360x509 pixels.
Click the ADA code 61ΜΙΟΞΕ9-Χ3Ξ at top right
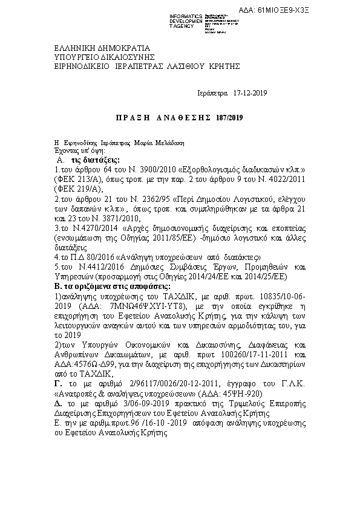tap(326, 10)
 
